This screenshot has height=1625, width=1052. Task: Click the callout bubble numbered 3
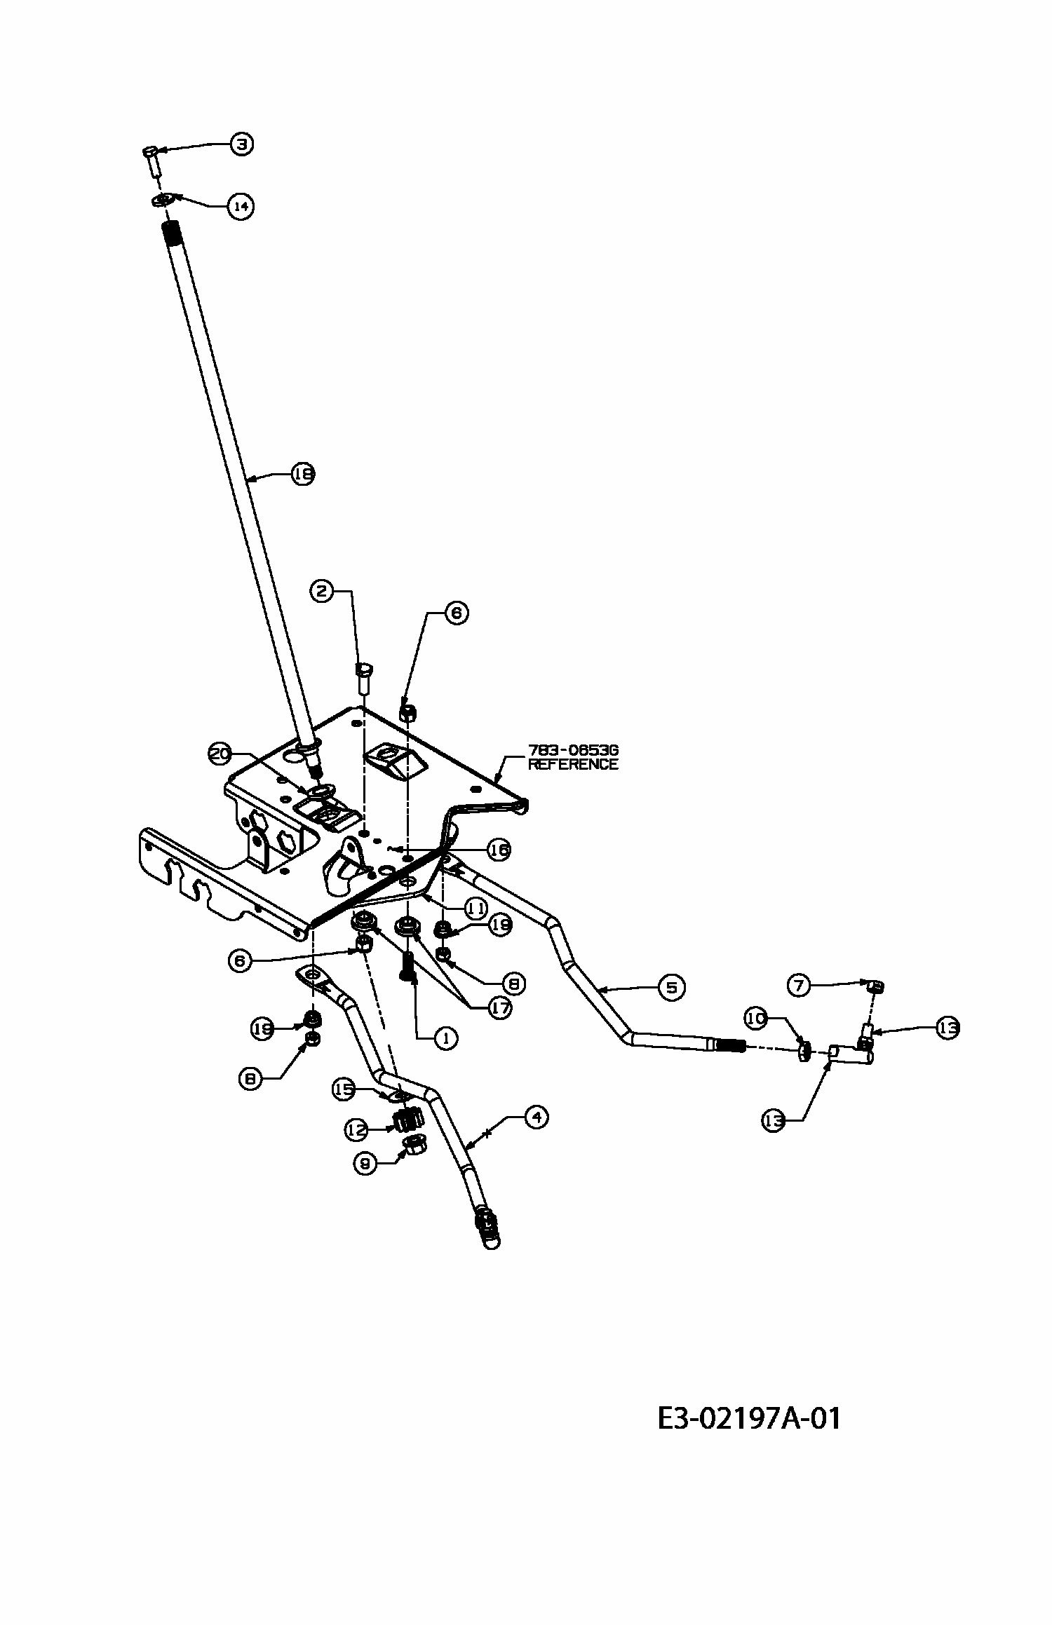click(x=241, y=144)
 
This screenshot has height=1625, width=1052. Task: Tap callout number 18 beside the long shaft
click(x=303, y=475)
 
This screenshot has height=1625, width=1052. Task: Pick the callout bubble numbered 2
click(x=321, y=592)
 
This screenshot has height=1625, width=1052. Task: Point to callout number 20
click(x=220, y=754)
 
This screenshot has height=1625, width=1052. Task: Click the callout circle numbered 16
click(x=499, y=850)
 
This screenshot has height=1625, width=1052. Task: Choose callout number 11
click(x=475, y=909)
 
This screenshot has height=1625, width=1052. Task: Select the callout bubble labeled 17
click(x=500, y=1009)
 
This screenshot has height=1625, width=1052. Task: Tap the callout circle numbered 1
click(x=445, y=1038)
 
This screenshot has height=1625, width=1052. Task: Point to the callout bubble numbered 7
click(x=799, y=986)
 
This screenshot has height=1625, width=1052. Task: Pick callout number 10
click(x=756, y=1019)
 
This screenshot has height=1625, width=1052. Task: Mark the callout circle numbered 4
click(x=537, y=1117)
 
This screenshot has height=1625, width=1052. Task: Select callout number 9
click(x=365, y=1164)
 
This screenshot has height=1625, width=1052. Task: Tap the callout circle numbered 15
click(x=344, y=1089)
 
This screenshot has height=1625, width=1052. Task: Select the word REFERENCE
click(x=573, y=765)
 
